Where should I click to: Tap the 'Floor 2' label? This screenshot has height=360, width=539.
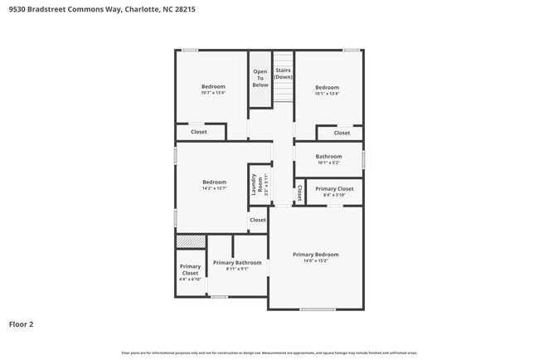coord(21,324)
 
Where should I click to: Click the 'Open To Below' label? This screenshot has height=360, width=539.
coord(260,78)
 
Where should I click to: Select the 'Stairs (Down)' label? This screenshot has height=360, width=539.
coord(284,73)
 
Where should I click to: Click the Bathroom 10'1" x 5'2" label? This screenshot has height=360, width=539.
coord(328,159)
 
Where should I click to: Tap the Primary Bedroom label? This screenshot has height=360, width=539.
coord(315,255)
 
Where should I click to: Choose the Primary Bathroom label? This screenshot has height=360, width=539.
coord(237,263)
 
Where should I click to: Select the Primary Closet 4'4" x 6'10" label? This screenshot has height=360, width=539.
coord(190,273)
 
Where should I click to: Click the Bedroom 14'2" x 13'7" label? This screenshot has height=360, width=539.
coord(214,185)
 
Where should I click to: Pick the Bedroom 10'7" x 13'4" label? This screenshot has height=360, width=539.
coord(213,90)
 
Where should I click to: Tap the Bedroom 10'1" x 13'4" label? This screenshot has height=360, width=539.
coord(327,90)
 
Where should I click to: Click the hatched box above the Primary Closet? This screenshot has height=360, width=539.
coord(190,241)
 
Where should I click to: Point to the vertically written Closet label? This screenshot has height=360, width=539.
coord(299,192)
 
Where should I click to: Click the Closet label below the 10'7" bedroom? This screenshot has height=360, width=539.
coord(199,132)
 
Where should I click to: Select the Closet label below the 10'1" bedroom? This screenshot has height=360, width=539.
coord(342,133)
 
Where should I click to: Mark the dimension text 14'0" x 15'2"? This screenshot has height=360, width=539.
coord(315,260)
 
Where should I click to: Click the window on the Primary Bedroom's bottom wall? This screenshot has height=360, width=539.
coord(318,309)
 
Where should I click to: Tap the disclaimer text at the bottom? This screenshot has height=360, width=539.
coord(269,353)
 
